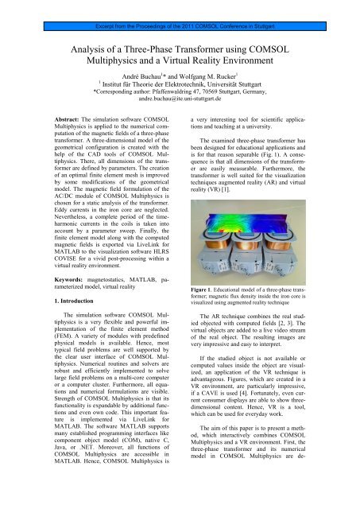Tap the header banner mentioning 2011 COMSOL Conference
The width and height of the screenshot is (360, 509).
180,7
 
